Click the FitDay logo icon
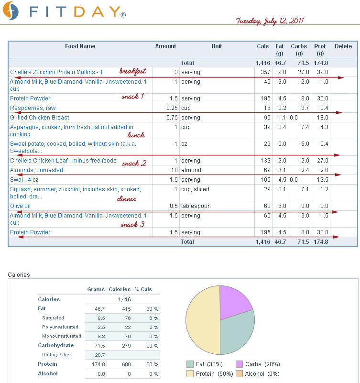click(x=11, y=11)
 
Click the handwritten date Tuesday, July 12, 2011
click(x=270, y=21)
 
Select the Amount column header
click(x=165, y=46)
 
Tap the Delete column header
click(x=343, y=46)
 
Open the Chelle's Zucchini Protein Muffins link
click(x=56, y=72)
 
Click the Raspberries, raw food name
click(x=33, y=108)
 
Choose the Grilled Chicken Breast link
click(x=40, y=118)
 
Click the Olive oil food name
click(x=20, y=206)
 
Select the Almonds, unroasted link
click(x=36, y=170)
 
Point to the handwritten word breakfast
click(x=132, y=71)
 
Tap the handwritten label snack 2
click(x=134, y=163)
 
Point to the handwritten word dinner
click(x=127, y=199)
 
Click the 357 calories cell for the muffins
click(x=265, y=72)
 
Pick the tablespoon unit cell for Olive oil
click(x=196, y=206)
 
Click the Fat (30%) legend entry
click(x=205, y=364)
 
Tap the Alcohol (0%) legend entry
click(x=258, y=374)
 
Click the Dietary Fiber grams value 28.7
click(x=99, y=355)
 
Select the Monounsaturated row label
click(x=62, y=336)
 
